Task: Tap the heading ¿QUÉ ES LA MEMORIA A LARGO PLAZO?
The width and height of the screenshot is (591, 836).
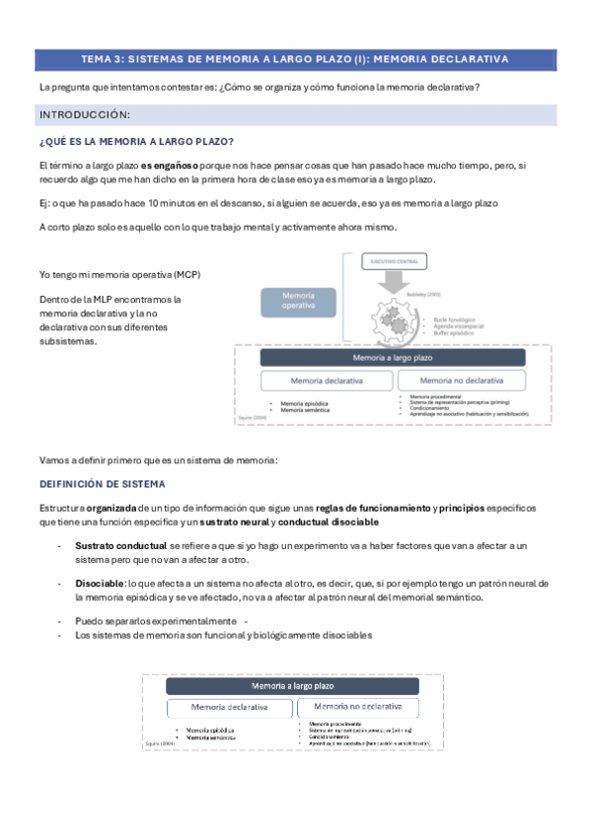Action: coord(136,141)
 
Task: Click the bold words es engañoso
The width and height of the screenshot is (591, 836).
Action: coord(170,165)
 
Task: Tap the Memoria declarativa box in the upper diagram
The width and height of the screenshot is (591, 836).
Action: coord(327,381)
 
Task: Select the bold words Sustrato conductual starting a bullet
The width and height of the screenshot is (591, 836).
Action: coord(120,545)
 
